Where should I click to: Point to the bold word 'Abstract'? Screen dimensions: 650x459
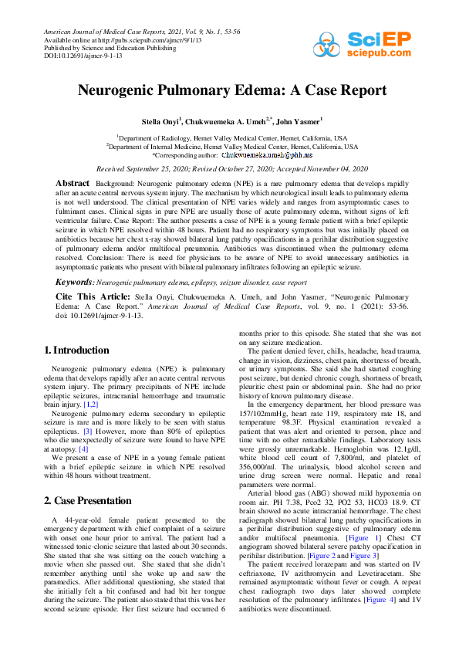click(73, 182)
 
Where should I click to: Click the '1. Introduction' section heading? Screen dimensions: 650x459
click(76, 350)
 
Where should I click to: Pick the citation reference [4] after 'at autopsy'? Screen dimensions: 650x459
click(84, 447)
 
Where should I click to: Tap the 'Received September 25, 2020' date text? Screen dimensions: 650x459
click(147, 168)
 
